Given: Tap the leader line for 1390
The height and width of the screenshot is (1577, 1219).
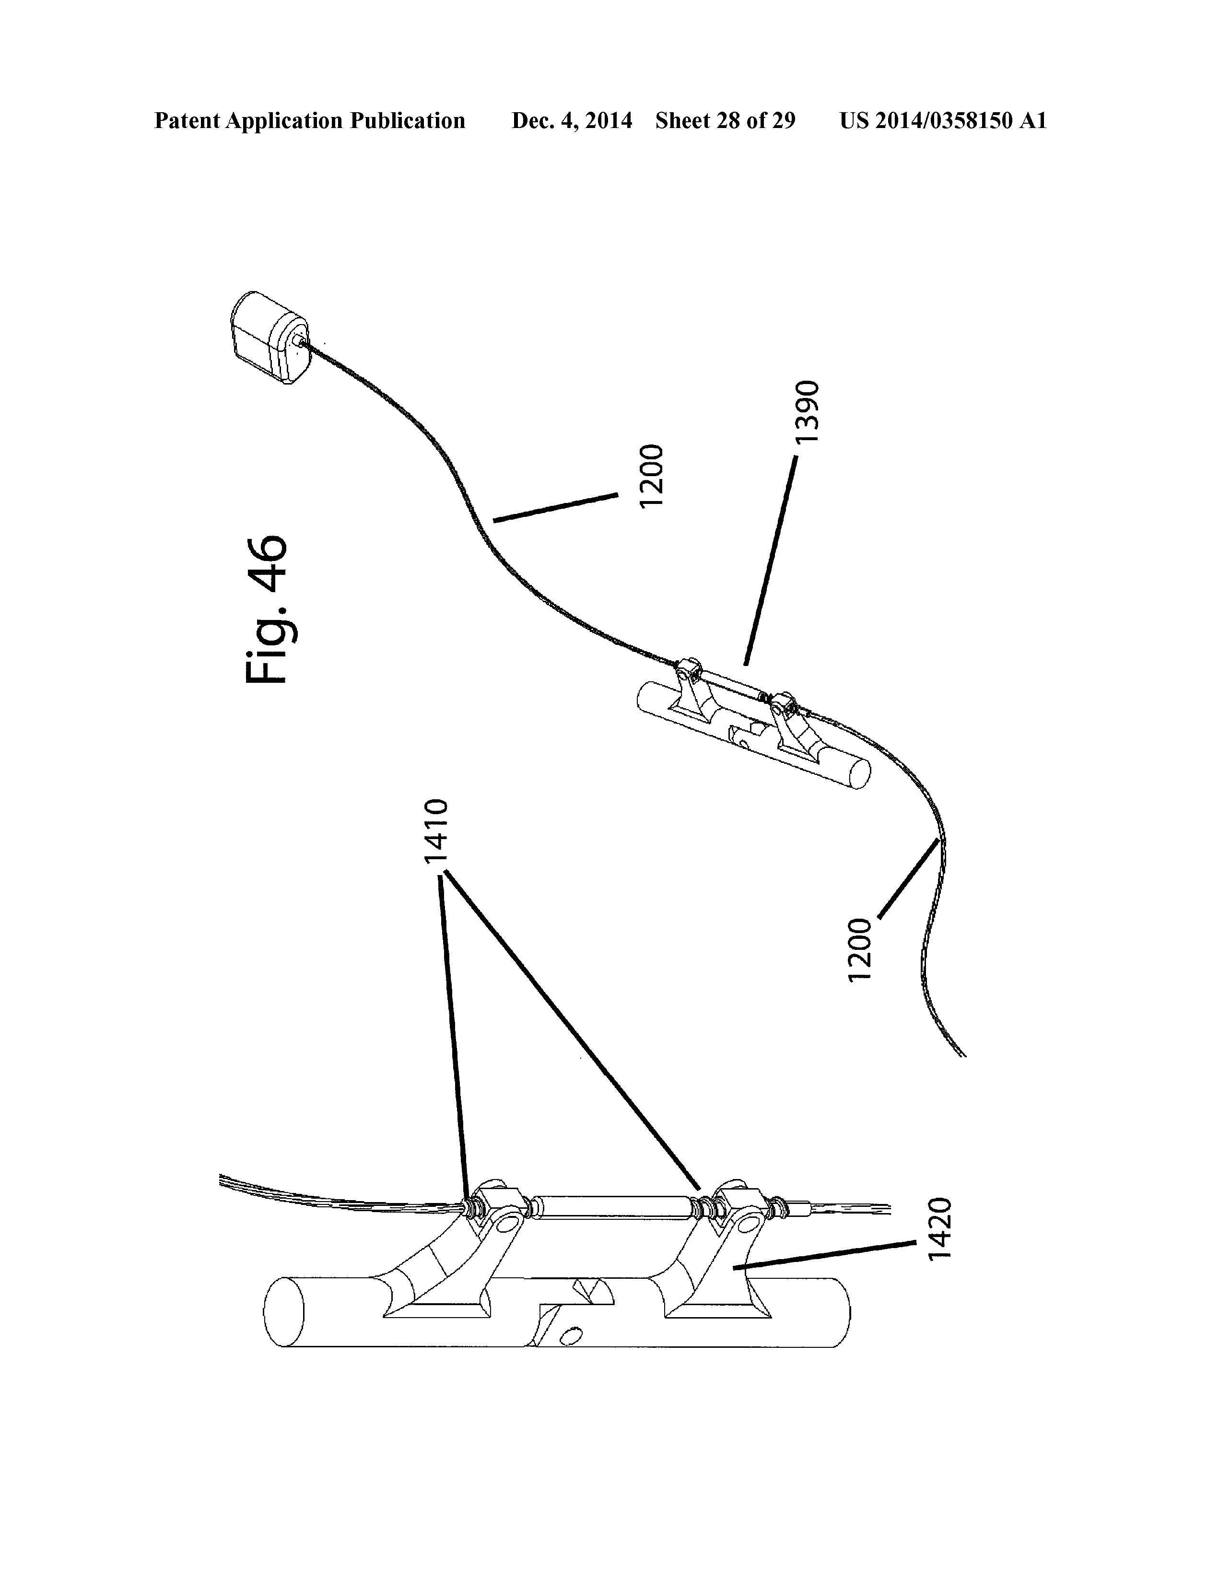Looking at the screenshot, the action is click(x=771, y=561).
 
